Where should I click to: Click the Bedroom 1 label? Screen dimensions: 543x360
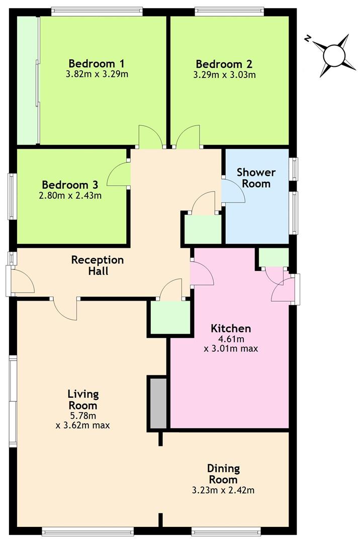[x=97, y=64]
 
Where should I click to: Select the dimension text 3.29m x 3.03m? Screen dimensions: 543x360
[x=224, y=75]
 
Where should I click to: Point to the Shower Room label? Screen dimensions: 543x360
[x=256, y=178]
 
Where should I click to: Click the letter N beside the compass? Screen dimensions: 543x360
[x=309, y=39]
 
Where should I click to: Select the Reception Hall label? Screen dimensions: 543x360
[x=98, y=265]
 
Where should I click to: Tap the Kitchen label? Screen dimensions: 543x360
[x=231, y=329]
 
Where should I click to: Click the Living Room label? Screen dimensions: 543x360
[x=83, y=399]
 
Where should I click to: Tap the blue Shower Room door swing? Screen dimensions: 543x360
[x=233, y=191]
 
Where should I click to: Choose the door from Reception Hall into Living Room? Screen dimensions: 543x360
[x=65, y=308]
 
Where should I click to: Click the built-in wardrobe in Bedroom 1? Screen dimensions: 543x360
[x=28, y=80]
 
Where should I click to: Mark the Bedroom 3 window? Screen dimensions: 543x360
[x=12, y=197]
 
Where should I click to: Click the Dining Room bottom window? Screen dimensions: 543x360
[x=226, y=530]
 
